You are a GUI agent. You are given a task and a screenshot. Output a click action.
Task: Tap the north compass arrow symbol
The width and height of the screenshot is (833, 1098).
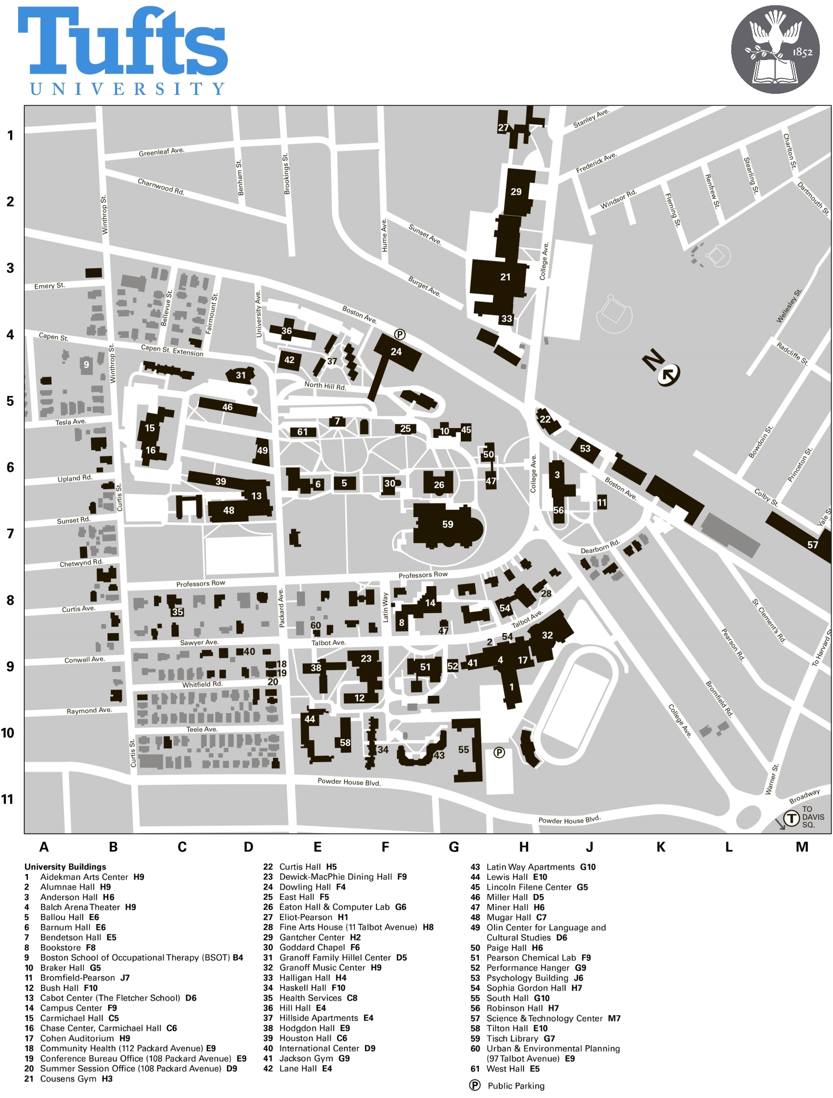(669, 373)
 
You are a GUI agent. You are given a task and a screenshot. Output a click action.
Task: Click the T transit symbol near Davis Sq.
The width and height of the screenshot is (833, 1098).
(791, 818)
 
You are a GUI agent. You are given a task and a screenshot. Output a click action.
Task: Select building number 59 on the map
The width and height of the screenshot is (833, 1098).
(448, 524)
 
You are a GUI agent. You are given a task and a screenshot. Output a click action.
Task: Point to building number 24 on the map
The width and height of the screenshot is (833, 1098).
(396, 352)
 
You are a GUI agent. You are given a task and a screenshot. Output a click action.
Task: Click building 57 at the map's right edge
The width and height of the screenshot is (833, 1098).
(812, 545)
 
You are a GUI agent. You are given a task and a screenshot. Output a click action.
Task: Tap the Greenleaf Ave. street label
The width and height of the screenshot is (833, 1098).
(161, 152)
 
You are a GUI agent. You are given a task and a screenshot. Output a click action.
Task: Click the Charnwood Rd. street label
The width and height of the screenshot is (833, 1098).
(161, 187)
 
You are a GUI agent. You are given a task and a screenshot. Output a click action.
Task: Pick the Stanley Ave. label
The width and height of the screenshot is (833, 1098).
(591, 118)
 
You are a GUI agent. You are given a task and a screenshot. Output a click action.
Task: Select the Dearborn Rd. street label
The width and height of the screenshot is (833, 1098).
(600, 547)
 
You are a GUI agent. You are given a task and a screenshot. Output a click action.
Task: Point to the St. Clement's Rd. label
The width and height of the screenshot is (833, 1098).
(769, 621)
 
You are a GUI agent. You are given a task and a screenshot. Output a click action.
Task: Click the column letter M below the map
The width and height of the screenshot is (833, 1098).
(802, 847)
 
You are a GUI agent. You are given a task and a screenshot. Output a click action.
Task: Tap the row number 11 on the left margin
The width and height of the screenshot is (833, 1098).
(7, 799)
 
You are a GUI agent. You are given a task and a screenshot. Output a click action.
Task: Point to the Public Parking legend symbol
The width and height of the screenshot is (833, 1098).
(475, 1085)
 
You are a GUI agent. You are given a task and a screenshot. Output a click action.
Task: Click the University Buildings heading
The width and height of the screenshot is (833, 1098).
(65, 867)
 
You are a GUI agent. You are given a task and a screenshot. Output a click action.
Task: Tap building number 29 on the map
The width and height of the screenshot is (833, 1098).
(516, 192)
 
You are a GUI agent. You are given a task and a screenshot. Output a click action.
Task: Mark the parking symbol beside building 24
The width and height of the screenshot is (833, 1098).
(400, 334)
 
